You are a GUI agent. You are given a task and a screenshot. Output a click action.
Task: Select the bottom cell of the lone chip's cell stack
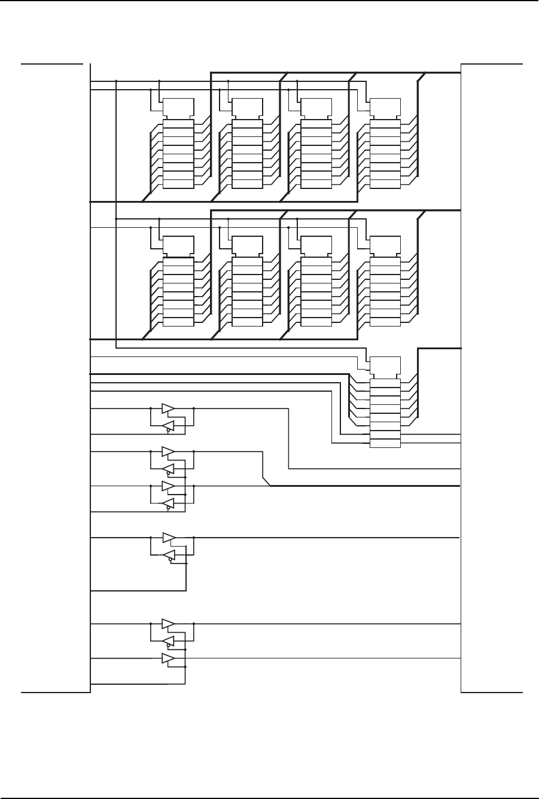[385, 443]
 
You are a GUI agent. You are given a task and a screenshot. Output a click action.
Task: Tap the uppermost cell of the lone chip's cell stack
[385, 383]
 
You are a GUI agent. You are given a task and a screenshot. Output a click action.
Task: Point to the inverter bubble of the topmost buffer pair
[168, 430]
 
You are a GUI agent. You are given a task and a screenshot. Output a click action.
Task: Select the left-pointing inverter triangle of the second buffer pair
[169, 468]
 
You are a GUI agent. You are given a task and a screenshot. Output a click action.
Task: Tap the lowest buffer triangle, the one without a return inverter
[168, 659]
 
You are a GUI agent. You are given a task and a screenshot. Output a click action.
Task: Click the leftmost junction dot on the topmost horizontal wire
[115, 81]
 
